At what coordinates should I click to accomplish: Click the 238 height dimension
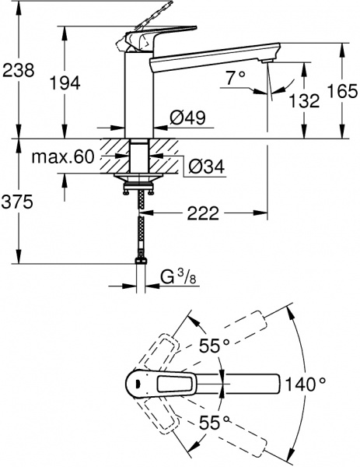(18, 70)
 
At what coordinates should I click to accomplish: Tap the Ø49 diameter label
(187, 119)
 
